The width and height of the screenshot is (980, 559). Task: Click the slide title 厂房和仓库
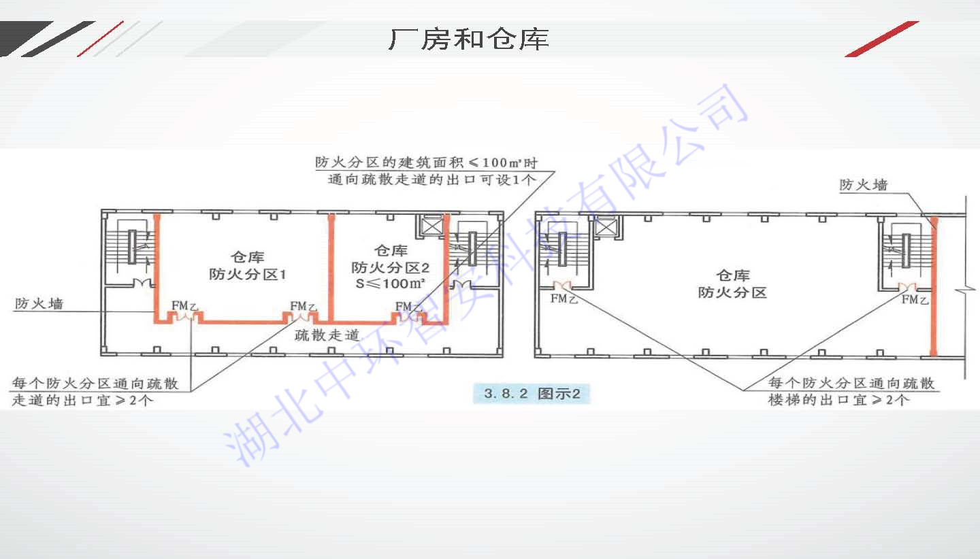point(468,39)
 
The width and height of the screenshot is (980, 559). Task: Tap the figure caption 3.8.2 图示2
point(532,394)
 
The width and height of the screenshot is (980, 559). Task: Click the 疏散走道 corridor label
point(327,335)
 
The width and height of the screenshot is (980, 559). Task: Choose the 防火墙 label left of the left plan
point(39,304)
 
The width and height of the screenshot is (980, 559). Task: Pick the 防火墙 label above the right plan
point(863,185)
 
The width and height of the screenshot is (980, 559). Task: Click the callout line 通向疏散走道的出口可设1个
point(432,180)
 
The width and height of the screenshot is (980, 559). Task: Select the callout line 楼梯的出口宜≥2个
point(838,400)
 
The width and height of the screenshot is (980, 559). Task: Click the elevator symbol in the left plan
point(433,226)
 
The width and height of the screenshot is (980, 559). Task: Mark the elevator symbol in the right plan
point(605,226)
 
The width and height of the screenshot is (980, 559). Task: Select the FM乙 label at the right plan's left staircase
point(563,299)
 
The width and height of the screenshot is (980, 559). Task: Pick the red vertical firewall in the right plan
point(934,286)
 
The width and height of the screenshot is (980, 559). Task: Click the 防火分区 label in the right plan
point(732,293)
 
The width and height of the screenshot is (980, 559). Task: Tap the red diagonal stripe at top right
point(882,39)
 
